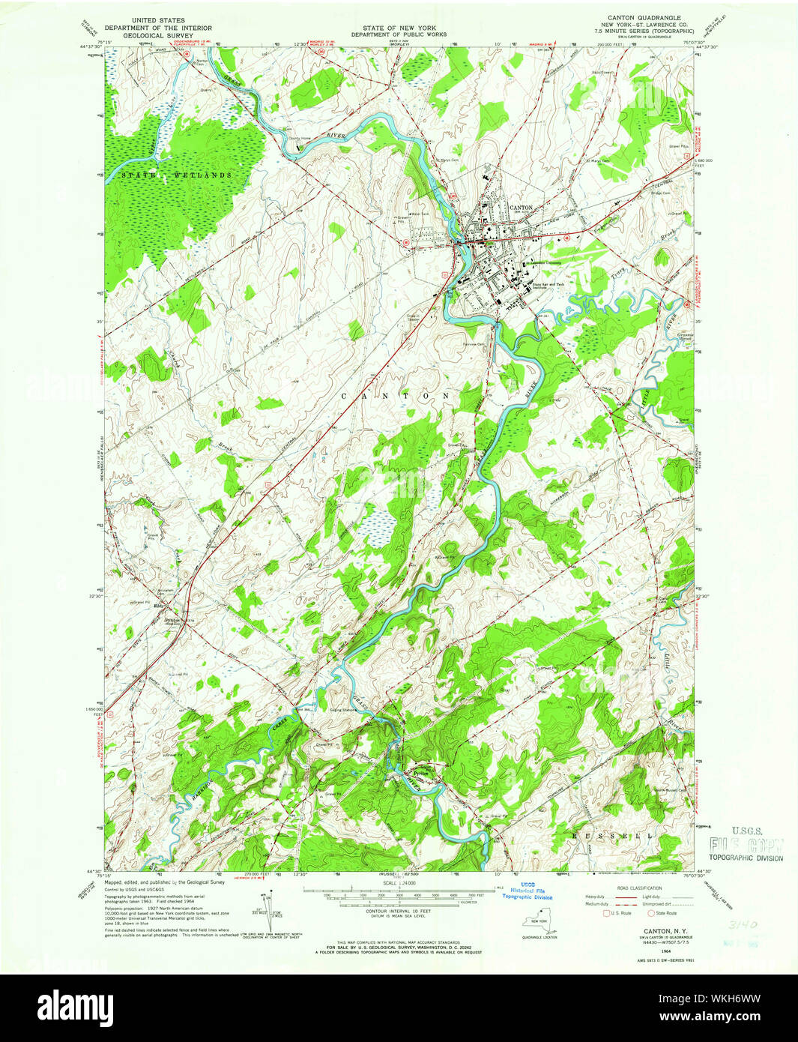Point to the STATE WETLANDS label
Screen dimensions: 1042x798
[x=175, y=175]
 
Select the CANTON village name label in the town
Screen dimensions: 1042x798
[x=521, y=208]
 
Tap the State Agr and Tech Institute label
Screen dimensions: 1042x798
[x=551, y=286]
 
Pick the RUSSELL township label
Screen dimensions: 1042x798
[x=612, y=834]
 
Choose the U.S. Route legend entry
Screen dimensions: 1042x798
[x=617, y=913]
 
